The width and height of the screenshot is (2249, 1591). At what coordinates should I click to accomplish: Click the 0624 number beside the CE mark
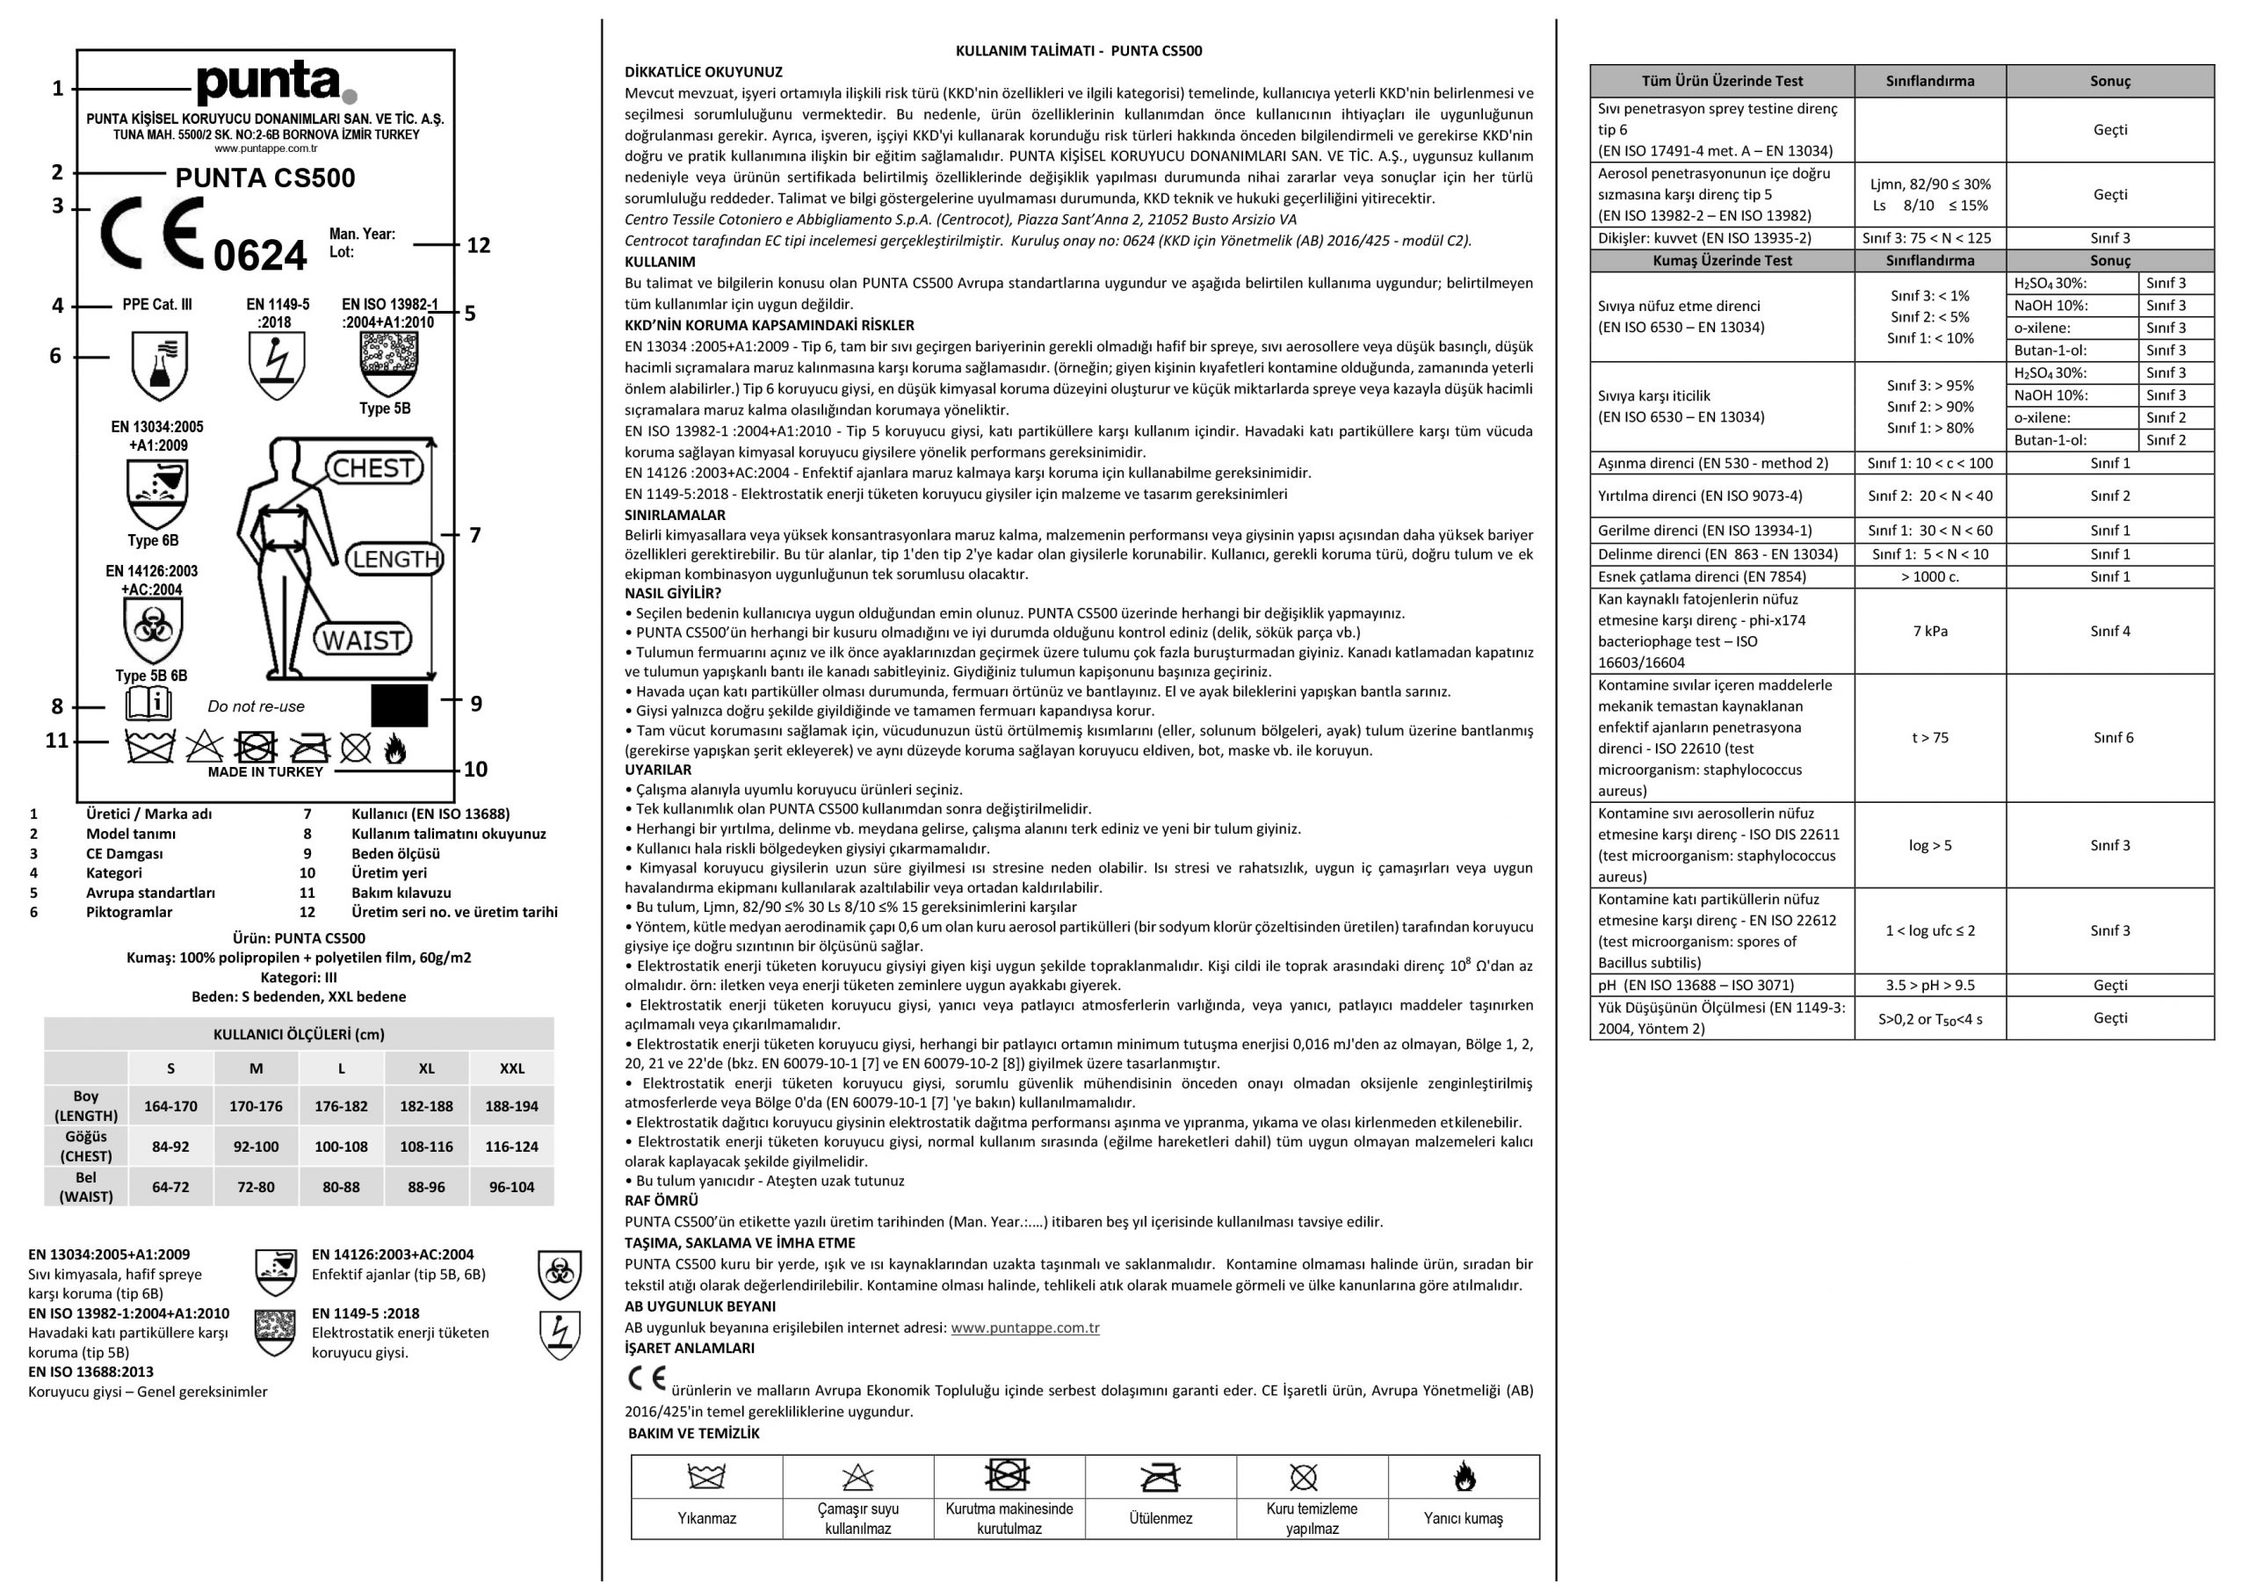259,256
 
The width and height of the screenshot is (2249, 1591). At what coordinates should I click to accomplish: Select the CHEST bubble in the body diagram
373,468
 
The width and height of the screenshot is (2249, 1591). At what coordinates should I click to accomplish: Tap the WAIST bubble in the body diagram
363,640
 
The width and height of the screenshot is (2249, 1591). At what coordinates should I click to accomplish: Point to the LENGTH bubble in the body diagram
394,560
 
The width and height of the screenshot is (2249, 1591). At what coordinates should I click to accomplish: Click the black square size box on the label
400,705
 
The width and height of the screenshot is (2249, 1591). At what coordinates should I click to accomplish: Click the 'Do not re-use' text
256,706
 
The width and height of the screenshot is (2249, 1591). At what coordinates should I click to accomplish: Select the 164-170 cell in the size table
170,1106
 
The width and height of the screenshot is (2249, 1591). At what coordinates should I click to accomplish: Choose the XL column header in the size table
426,1068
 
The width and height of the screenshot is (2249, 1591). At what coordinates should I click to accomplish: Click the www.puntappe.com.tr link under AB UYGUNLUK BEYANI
1024,1327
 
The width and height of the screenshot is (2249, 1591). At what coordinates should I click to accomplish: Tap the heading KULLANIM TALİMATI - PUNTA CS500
1079,51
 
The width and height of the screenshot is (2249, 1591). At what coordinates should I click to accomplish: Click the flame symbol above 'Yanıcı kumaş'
1464,1477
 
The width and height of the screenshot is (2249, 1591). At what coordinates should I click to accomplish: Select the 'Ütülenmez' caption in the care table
1161,1518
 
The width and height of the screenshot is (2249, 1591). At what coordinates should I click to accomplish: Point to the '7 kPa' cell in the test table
1930,631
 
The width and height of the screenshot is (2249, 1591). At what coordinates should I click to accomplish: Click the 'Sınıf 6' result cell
2113,738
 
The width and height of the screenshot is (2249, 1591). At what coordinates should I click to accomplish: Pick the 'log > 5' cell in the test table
1930,845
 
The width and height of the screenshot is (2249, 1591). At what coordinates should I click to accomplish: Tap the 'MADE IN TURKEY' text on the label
265,772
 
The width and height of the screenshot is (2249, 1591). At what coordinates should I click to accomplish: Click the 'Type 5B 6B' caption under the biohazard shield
151,676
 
